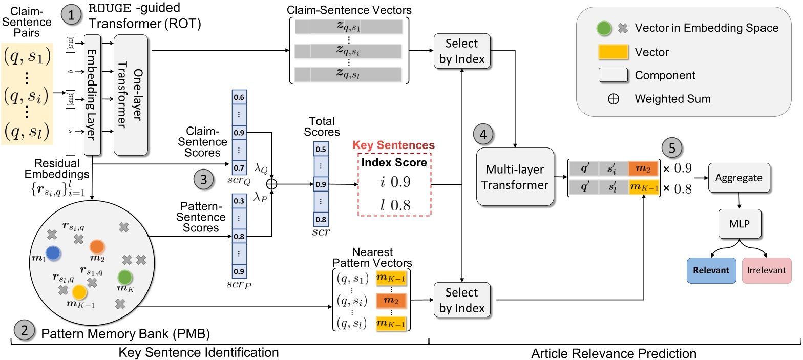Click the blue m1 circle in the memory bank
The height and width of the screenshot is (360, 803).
coord(53,252)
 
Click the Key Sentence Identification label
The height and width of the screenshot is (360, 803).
coord(213,352)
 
